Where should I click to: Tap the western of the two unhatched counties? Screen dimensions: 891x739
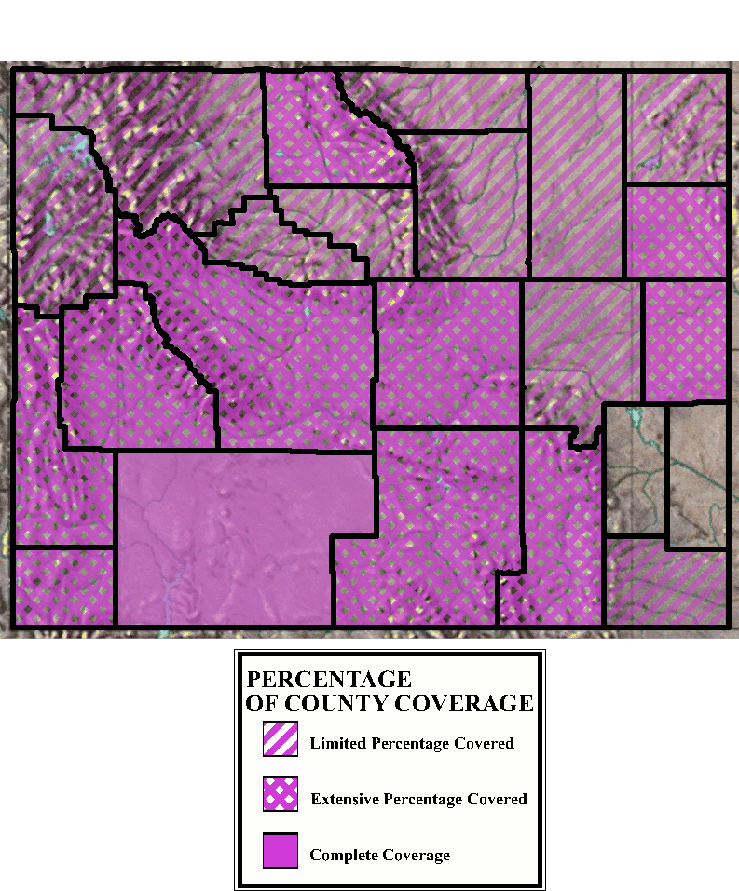(636, 470)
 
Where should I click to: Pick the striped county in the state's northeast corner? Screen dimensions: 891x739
(676, 126)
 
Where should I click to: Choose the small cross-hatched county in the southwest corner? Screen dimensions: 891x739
(64, 587)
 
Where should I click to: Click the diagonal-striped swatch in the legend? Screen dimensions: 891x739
(281, 739)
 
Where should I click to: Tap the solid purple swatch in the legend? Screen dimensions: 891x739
(281, 850)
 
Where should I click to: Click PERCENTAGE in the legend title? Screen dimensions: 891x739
(328, 680)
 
